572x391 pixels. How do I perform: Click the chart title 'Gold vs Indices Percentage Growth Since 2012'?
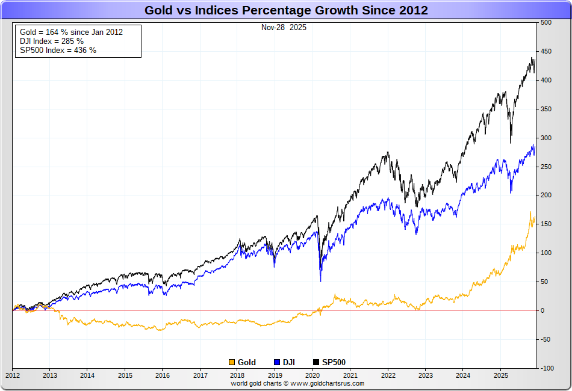point(286,10)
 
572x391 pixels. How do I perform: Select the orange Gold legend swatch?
point(232,362)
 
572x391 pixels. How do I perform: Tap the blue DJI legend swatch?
point(277,362)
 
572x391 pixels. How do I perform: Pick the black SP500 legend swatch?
point(316,362)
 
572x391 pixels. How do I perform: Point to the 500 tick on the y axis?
point(546,23)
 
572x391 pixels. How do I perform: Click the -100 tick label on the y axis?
point(546,368)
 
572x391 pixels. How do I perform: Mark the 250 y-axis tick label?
point(546,167)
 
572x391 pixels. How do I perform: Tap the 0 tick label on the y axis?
point(542,310)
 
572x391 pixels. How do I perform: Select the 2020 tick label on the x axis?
point(312,375)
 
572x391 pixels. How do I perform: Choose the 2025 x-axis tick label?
point(500,375)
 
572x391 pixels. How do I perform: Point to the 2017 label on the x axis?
point(200,375)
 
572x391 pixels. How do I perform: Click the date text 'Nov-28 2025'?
point(284,28)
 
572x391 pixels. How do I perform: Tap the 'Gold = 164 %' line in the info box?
point(71,32)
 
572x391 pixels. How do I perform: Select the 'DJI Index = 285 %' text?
point(52,41)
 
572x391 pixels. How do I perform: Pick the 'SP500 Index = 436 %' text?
point(58,50)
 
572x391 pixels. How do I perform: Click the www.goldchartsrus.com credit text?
point(297,383)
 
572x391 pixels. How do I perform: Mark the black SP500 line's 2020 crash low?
point(320,274)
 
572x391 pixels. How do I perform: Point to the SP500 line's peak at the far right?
point(532,58)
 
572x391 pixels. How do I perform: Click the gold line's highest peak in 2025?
point(530,212)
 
